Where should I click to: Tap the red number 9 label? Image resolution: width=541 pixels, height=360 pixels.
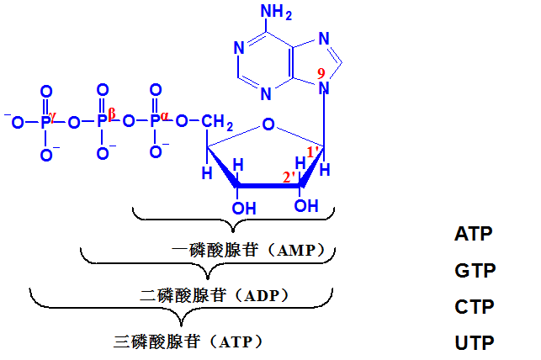click(321, 74)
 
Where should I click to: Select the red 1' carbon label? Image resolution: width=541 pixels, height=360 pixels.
click(312, 151)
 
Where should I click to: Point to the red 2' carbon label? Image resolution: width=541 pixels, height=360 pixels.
click(288, 177)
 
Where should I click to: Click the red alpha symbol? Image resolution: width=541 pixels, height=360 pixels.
click(165, 116)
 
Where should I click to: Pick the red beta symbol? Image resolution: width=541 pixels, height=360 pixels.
click(112, 114)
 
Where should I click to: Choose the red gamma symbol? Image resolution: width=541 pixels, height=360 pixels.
click(52, 117)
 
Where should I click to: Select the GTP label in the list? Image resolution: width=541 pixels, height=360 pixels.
click(475, 270)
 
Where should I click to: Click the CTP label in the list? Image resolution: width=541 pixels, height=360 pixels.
click(475, 306)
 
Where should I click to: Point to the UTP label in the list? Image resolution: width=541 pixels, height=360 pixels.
click(475, 342)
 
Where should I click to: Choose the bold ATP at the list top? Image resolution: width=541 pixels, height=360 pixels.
click(473, 234)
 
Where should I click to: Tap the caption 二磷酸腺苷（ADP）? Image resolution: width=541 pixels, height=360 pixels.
click(215, 295)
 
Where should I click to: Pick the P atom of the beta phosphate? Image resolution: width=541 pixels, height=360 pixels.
click(102, 122)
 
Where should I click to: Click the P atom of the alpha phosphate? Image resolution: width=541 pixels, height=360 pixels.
click(155, 122)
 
